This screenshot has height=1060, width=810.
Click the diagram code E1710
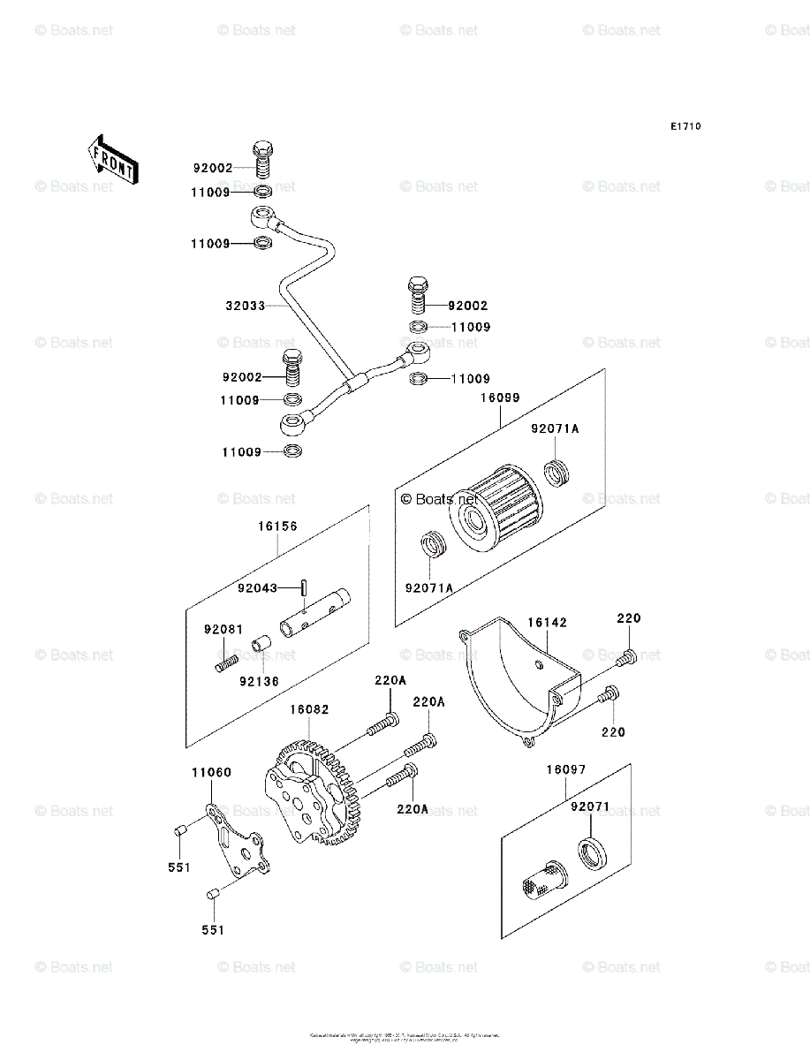685,127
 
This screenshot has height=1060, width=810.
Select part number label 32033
245,307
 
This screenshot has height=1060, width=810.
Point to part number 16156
277,526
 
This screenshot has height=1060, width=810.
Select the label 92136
258,681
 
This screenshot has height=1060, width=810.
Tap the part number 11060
211,773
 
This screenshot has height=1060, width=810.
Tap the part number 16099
500,398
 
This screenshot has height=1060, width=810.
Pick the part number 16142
548,623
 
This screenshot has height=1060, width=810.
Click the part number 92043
257,587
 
